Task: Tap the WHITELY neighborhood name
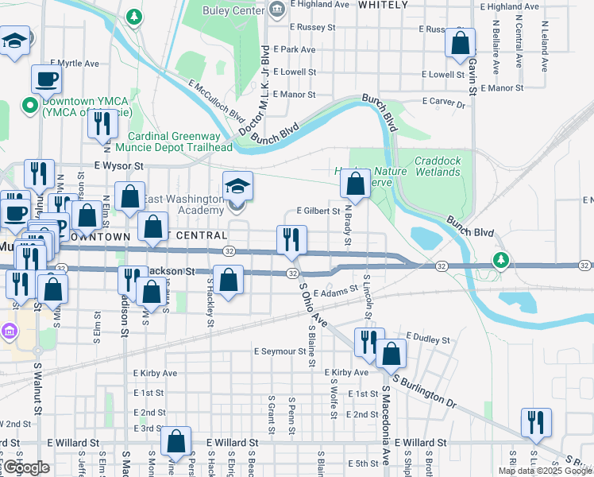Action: [384, 5]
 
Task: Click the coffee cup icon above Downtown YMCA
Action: [46, 79]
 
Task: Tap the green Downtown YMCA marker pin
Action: [30, 104]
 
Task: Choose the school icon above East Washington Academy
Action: [237, 186]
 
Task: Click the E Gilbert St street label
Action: [318, 211]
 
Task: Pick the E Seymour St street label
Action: [280, 351]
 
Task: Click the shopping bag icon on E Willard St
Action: [175, 441]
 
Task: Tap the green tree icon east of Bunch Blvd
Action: [499, 260]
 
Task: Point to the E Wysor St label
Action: [118, 166]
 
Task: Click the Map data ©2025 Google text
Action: [544, 471]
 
